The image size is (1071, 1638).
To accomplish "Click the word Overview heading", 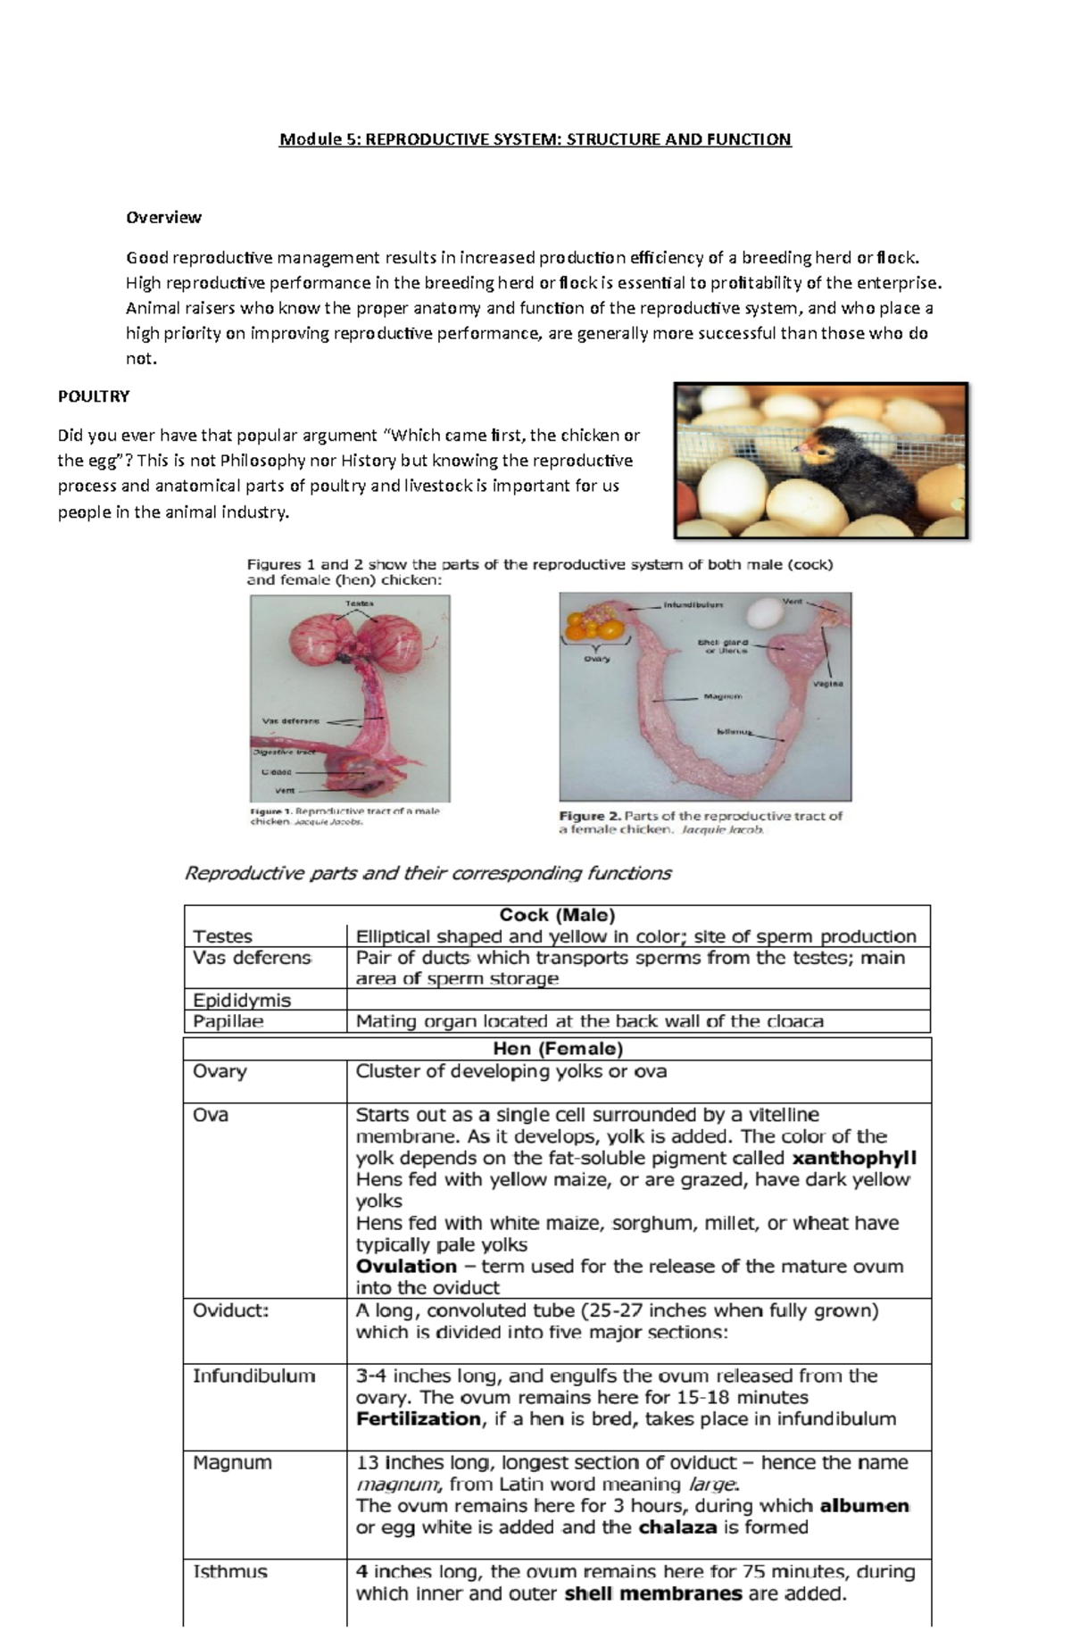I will tap(163, 217).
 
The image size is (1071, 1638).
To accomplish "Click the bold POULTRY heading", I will tap(94, 395).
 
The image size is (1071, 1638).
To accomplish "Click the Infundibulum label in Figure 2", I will tap(693, 604).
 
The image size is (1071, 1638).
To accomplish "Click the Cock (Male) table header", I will tap(557, 915).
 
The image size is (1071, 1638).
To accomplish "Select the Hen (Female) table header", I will tap(557, 1048).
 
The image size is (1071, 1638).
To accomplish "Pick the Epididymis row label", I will tap(242, 1000).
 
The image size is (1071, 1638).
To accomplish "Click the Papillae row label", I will tap(228, 1021).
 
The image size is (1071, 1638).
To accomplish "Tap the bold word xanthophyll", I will tap(854, 1158).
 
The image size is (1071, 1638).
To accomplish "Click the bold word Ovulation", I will tap(406, 1266).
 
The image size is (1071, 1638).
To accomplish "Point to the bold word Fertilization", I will tap(418, 1418).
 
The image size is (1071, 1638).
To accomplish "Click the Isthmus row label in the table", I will tap(230, 1571).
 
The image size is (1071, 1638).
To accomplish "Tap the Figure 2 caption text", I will tap(701, 821).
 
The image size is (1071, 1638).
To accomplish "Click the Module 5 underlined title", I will tap(535, 139).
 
